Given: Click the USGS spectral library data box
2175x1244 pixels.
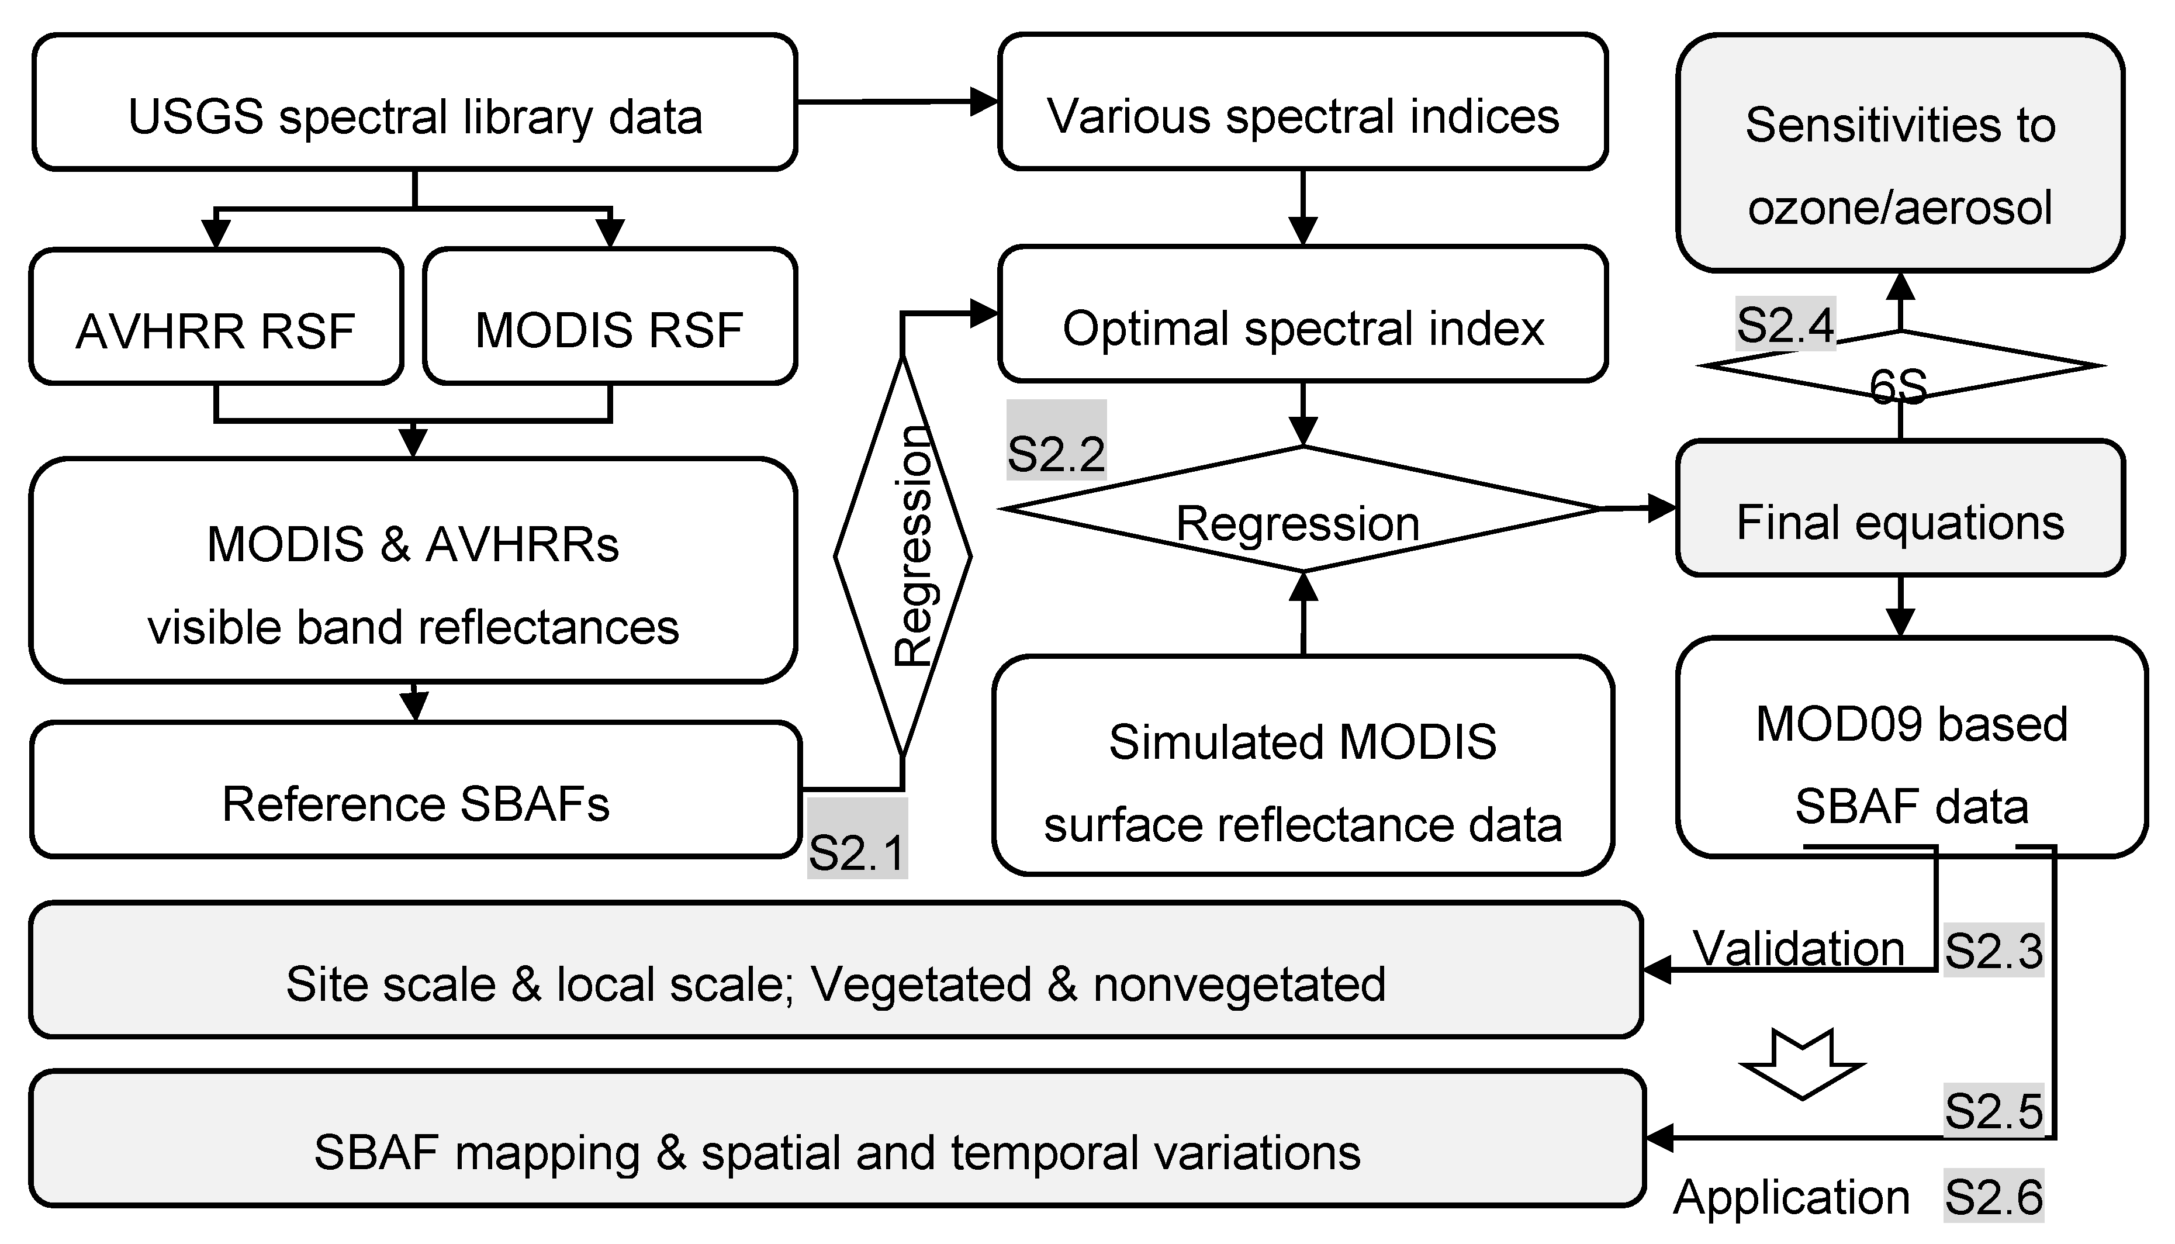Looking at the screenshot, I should [x=414, y=102].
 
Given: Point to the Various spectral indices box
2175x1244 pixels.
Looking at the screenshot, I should [x=1303, y=102].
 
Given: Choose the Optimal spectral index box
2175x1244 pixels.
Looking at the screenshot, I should [x=1303, y=315].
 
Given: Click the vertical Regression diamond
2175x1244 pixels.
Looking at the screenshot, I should [x=903, y=555].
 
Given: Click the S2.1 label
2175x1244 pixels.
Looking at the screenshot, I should [x=857, y=840].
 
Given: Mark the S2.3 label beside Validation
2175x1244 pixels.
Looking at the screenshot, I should [x=1993, y=951].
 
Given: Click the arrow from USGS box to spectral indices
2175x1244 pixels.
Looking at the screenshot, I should [x=897, y=102].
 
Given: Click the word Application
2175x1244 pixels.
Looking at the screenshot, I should [x=1792, y=1197].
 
